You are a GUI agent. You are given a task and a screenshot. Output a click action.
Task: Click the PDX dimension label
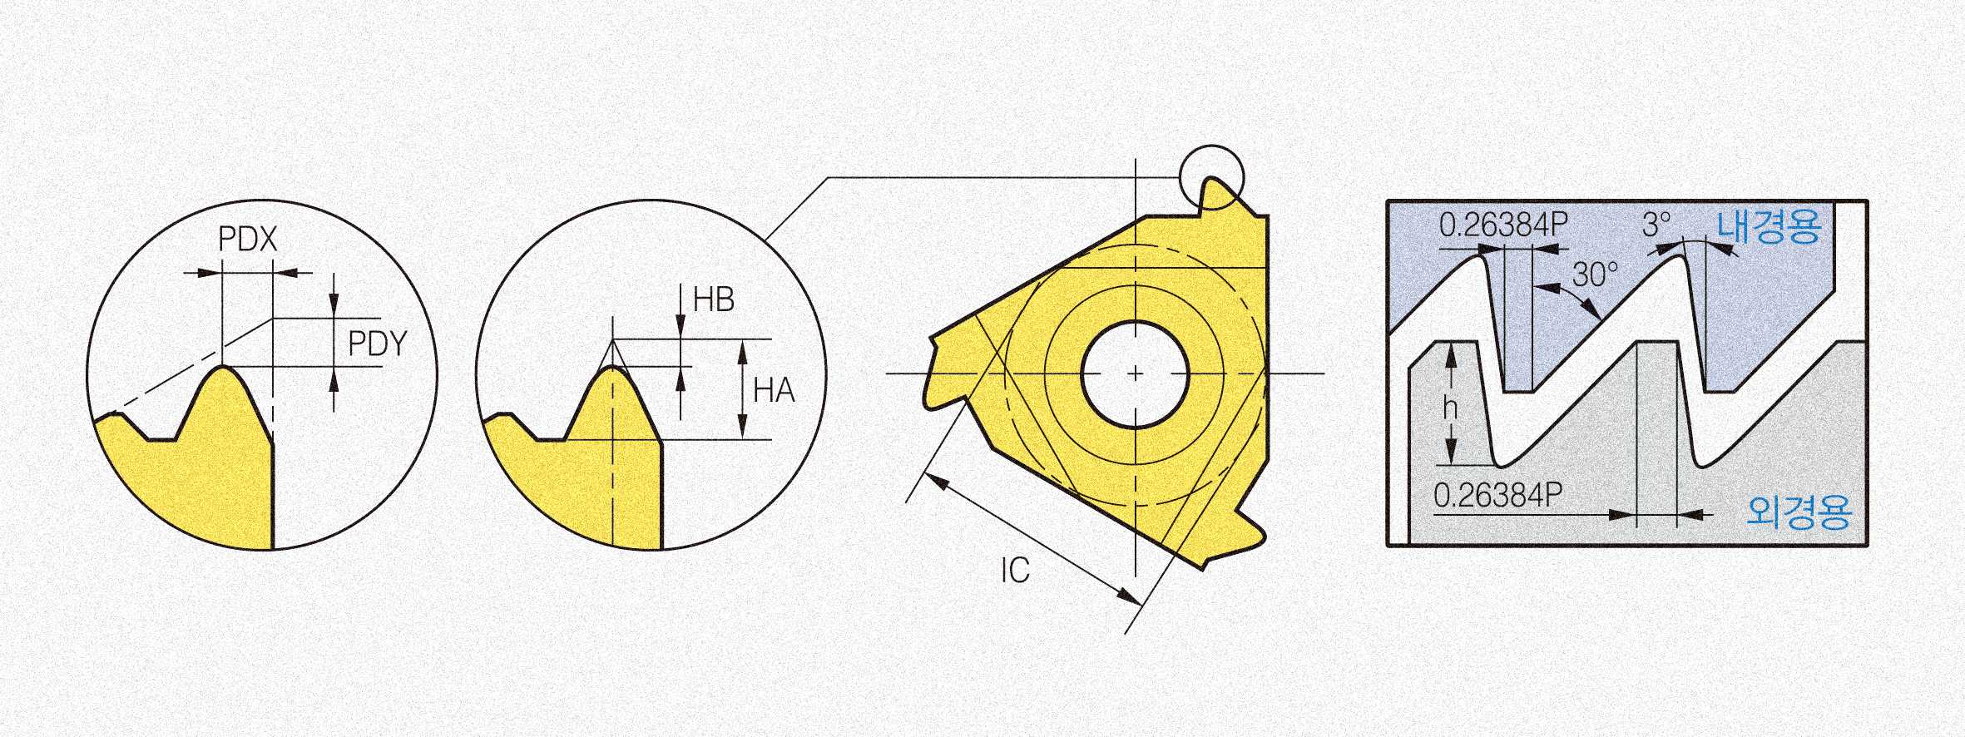247,240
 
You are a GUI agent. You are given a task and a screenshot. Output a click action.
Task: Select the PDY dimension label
378,343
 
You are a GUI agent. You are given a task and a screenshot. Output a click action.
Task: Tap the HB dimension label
714,299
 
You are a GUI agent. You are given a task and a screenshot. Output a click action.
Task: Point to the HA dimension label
774,390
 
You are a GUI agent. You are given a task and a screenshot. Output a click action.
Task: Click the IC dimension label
1015,570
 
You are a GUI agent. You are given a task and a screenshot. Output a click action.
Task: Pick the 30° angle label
1595,274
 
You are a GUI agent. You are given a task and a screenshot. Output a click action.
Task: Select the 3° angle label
1656,224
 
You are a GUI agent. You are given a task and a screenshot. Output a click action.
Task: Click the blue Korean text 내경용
1769,226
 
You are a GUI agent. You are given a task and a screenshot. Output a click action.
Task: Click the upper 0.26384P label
1503,225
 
